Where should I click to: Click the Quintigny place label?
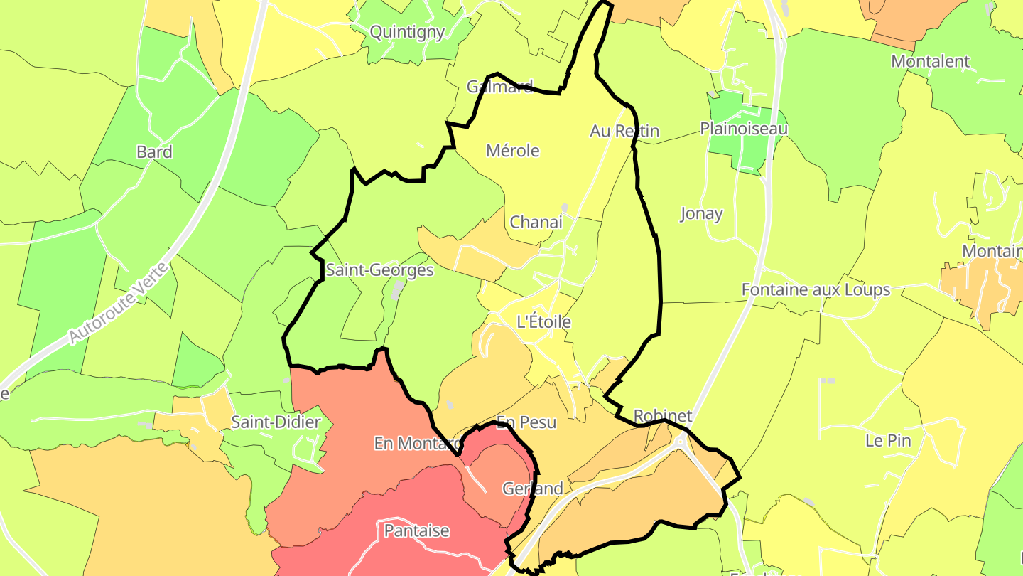point(408,32)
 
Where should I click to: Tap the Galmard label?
point(499,87)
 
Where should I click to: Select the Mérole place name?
point(512,151)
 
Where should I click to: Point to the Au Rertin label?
point(624,131)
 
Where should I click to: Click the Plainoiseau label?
point(744,129)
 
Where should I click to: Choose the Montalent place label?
point(930,61)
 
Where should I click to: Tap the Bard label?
point(154,152)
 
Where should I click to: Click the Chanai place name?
point(536,222)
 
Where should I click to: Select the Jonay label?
point(701,213)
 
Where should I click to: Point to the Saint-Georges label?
point(379,270)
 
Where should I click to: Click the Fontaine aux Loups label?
point(816,289)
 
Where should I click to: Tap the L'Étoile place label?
point(543,321)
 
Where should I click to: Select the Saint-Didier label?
point(276,422)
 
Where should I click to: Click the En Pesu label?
point(526,422)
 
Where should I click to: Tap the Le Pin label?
point(888,440)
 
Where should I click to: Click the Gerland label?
point(532,489)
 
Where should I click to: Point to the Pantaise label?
point(416,530)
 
